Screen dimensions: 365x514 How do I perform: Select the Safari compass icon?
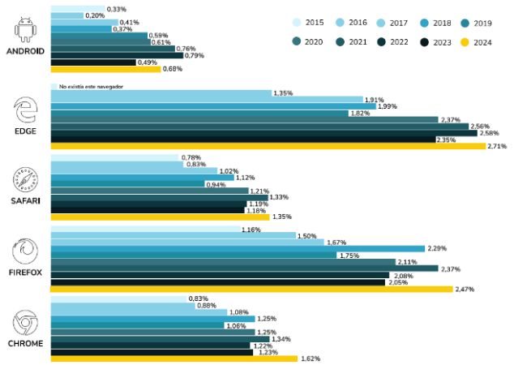tap(26, 178)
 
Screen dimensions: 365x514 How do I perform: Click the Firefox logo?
tap(26, 249)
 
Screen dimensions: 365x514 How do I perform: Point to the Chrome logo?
tap(26, 323)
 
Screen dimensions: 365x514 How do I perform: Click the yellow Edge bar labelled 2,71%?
tap(268, 146)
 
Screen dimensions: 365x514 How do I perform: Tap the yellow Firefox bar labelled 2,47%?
tap(251, 289)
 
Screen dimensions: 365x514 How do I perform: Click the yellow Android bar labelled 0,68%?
tap(105, 69)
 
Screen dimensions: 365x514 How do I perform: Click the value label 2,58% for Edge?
tap(489, 132)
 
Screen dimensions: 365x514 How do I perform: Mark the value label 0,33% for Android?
tap(116, 8)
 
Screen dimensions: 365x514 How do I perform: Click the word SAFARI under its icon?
tap(26, 200)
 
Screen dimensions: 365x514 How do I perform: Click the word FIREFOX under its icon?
tap(26, 273)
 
